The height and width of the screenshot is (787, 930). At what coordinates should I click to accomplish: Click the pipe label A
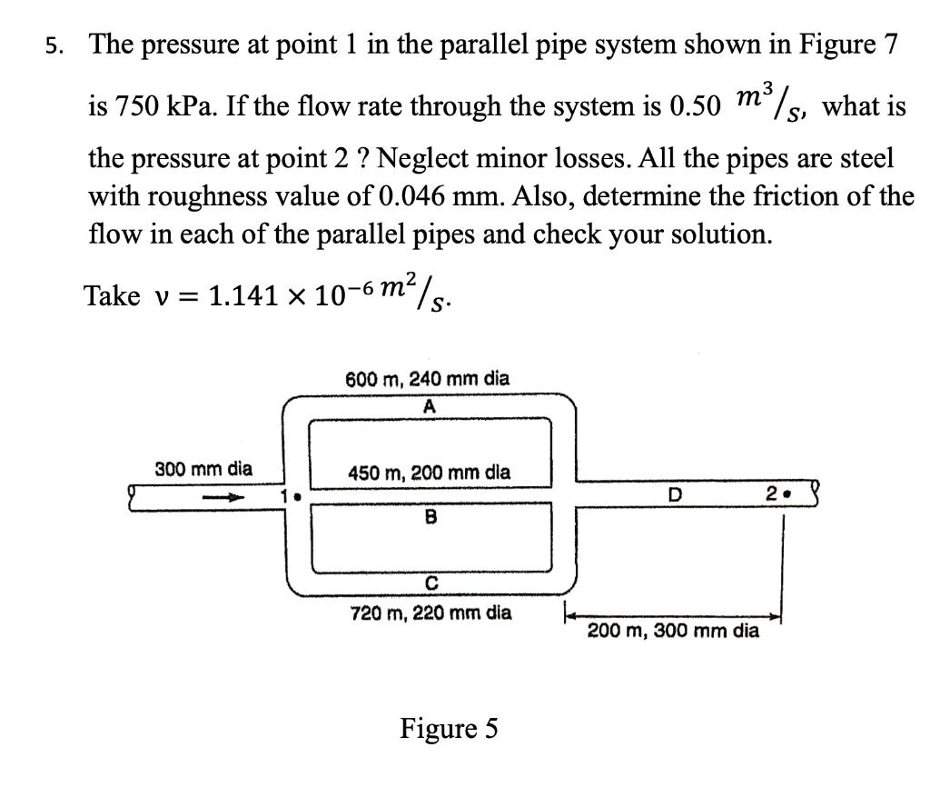point(430,407)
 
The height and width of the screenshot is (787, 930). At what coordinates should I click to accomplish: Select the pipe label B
point(430,518)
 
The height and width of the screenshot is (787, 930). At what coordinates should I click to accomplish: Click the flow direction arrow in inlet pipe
point(223,497)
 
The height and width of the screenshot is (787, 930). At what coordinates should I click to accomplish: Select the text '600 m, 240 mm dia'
point(428,379)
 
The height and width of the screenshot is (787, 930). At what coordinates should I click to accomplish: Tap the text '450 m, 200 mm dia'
point(430,473)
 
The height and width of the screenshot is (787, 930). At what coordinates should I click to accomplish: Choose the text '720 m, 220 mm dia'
point(430,613)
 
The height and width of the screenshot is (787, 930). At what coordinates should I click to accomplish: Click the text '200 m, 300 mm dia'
point(673,630)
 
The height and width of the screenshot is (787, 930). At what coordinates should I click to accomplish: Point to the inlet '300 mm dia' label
point(203,470)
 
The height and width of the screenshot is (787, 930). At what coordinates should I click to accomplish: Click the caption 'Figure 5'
point(449,729)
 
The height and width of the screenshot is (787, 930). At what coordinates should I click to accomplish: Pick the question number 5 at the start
point(55,48)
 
